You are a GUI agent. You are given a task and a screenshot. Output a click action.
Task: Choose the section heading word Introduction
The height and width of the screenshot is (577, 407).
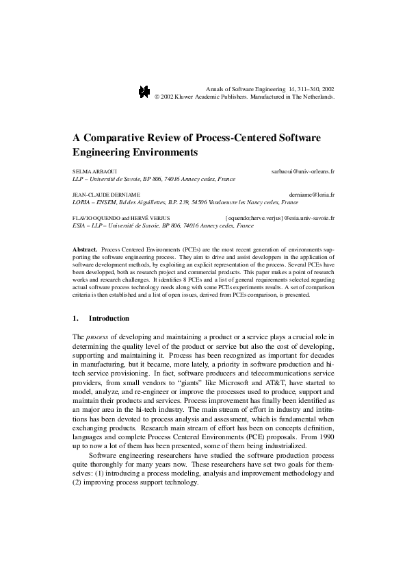[x=109, y=319]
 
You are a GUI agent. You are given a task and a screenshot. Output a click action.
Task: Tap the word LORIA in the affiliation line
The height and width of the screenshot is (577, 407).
[x=81, y=203]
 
